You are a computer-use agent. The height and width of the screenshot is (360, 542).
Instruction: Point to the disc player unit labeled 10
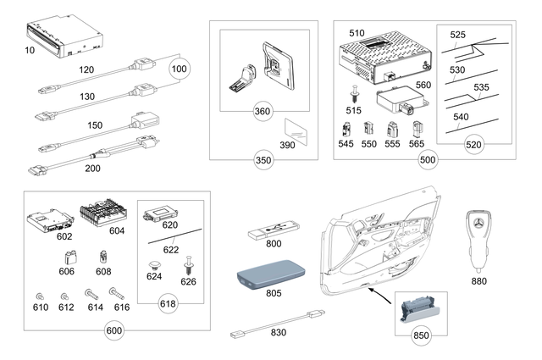tap(66, 36)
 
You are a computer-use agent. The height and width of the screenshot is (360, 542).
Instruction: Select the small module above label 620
tap(163, 212)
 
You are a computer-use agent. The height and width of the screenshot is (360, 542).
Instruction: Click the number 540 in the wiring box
tap(461, 116)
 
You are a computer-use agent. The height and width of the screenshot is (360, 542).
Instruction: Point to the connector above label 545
tap(346, 130)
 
